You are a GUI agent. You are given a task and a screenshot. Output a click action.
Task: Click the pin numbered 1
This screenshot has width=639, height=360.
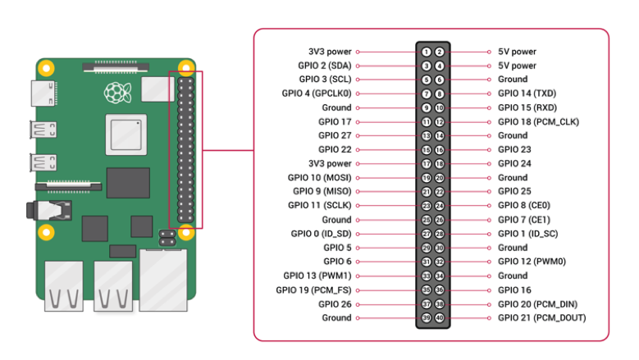coord(427,52)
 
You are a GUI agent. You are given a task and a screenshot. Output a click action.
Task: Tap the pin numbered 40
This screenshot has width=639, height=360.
coord(440,317)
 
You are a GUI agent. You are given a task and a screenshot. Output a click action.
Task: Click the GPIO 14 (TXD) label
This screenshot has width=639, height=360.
coord(527,93)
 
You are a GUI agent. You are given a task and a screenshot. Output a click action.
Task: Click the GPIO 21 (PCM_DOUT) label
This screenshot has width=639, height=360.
coord(541,317)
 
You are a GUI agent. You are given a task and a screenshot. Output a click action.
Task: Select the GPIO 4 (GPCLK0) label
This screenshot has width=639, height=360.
coord(316,93)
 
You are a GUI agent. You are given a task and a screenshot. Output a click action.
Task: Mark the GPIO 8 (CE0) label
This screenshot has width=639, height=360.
coord(524,205)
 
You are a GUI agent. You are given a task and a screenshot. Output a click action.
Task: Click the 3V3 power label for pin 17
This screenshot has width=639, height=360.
coord(330,163)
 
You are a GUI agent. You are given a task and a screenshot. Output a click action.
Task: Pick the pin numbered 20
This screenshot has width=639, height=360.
coord(440,177)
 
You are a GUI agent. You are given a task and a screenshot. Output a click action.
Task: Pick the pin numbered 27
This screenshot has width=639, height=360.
coord(427,234)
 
